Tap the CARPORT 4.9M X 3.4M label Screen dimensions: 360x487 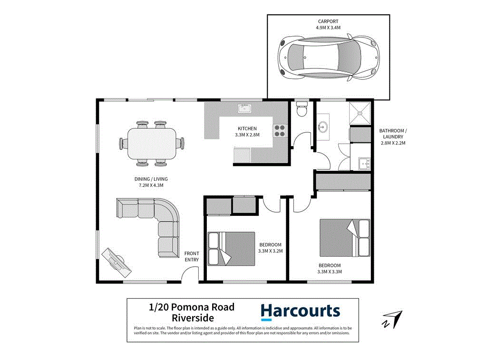point(329,25)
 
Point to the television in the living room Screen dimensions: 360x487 point(117,262)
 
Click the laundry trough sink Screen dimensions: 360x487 point(364,164)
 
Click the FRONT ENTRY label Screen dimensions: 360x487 point(191,256)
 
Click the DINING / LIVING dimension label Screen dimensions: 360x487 point(151,182)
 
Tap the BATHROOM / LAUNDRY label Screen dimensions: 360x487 point(392,136)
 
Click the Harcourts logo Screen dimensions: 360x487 point(300,311)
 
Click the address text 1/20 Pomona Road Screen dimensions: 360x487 point(192,307)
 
